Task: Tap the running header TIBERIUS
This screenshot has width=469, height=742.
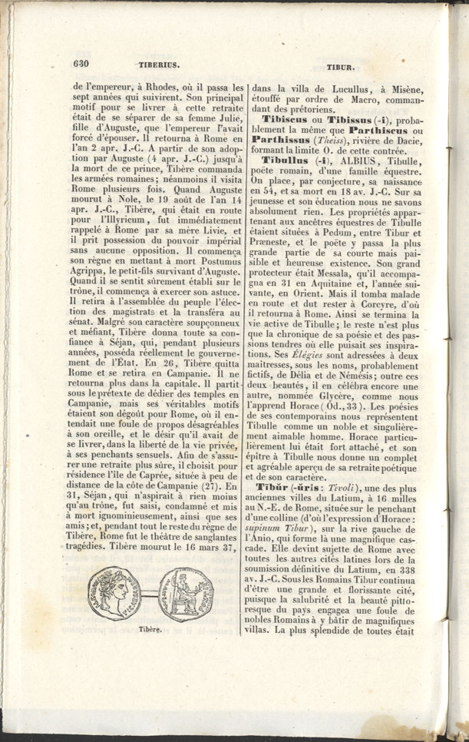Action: [x=159, y=66]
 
